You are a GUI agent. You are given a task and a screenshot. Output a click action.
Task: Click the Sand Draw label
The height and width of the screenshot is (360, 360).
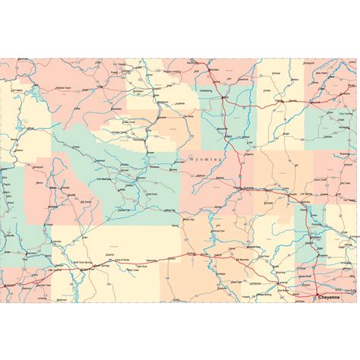(151, 194)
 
